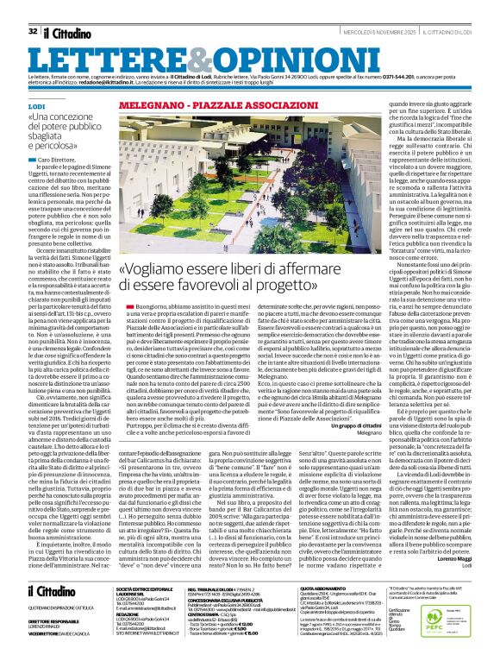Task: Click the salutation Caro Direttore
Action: coord(56,161)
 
